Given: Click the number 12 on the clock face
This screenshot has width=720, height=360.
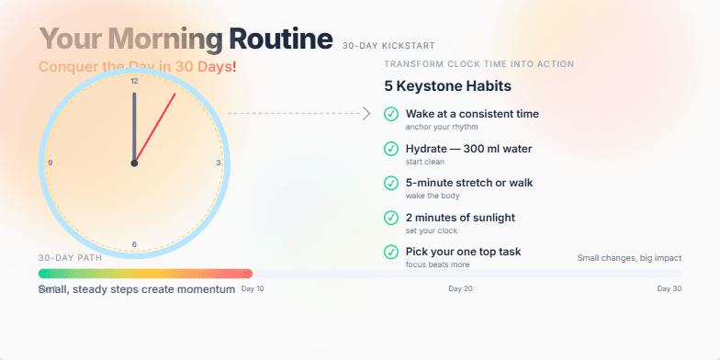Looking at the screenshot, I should coord(134,82).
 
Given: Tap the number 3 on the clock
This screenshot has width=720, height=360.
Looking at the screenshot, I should coord(219,163).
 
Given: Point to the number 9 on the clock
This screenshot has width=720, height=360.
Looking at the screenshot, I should coord(50,163).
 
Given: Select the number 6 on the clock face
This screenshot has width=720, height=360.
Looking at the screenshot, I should coord(134,244).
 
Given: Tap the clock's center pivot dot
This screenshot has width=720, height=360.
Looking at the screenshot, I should coord(134,163).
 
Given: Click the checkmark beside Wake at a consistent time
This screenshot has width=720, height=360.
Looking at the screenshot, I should coord(391,116).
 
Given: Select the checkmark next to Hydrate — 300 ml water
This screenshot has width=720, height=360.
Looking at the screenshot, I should coord(391,150).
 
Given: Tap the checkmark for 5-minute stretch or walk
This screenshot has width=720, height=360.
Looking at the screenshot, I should coord(391,184).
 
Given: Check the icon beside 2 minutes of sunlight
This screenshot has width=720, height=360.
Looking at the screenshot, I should coord(391,219).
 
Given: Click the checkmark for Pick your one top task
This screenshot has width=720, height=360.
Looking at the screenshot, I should coord(391,253).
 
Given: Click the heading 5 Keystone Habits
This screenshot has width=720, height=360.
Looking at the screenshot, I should coord(447,86).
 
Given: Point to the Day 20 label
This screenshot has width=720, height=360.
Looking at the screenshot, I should coord(460,288).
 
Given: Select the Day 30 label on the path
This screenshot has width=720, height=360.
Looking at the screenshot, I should coord(669,288).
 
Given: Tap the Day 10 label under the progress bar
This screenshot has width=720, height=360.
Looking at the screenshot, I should coord(253,288).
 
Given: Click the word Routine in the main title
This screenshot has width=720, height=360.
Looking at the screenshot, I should coord(280,39).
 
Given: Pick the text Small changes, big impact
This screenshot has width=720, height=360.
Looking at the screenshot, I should coord(629,258).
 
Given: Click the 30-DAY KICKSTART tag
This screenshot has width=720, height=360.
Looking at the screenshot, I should coord(388,45).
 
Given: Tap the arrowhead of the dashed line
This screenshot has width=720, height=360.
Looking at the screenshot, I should coord(366,114).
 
